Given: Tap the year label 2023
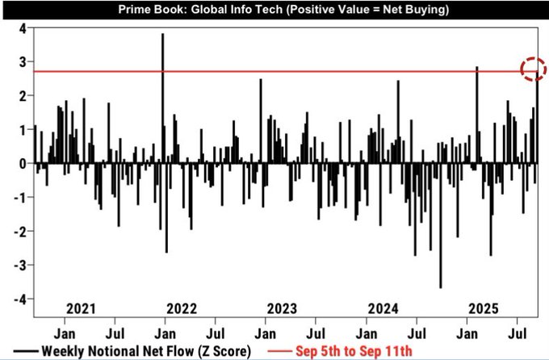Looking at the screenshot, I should pyautogui.click(x=281, y=308).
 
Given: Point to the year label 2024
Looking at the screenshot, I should pyautogui.click(x=381, y=308).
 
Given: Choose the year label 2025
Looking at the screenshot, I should pyautogui.click(x=482, y=308).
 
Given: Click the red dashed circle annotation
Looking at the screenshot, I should pyautogui.click(x=532, y=69).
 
